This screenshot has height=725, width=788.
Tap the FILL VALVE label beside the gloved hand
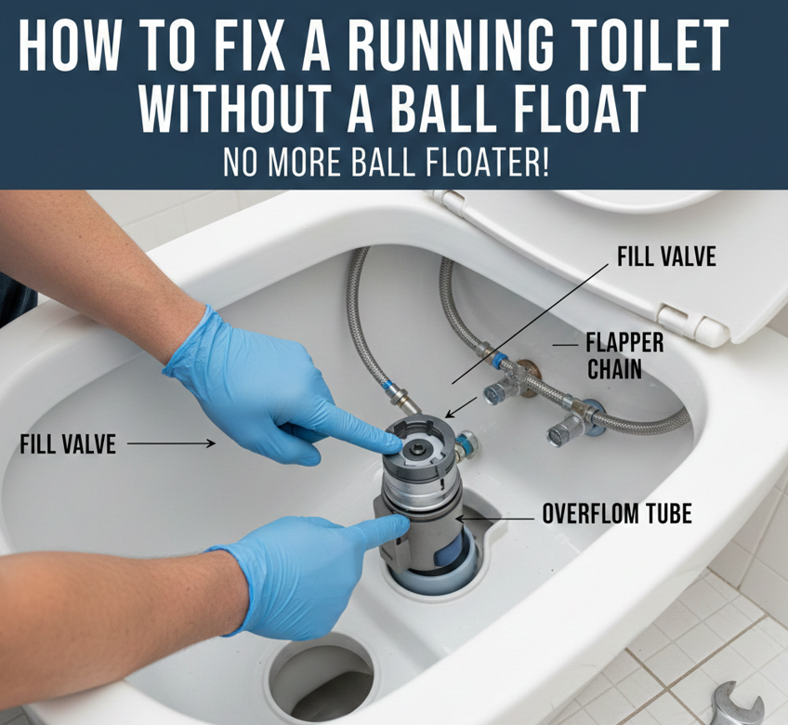[x=68, y=444]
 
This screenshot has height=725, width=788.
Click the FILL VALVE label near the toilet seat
[x=666, y=257]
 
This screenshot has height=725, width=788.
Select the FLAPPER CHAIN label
[x=624, y=357]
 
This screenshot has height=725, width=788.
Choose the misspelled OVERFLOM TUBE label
[x=617, y=514]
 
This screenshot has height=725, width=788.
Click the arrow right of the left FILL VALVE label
[x=171, y=443]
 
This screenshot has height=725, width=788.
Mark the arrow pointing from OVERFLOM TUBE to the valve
[x=494, y=518]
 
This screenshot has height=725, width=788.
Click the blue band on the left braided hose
[x=387, y=388]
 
